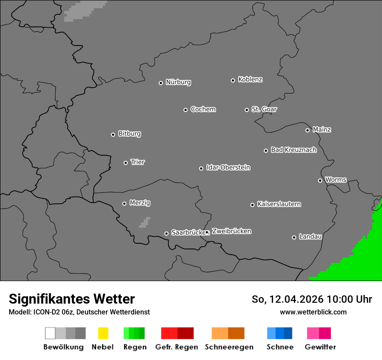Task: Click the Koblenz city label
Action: (250, 80)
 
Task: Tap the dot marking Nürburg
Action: (161, 83)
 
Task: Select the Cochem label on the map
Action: (203, 109)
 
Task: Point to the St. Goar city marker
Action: (247, 110)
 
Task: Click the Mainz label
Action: (322, 130)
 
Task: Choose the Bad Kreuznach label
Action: (293, 150)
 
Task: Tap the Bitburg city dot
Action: (113, 134)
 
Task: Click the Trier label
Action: (138, 162)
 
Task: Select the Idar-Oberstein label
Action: (228, 168)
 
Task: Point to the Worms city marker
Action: (320, 180)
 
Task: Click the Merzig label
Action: (140, 203)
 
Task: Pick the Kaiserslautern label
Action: (279, 204)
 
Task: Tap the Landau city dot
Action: (294, 237)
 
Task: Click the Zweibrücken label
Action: (231, 232)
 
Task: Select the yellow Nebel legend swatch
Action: (103, 333)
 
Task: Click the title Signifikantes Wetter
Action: (72, 299)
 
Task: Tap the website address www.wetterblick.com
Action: (313, 312)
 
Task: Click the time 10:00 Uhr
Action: (349, 299)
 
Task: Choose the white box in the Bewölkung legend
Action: (50, 333)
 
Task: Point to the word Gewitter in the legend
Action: (320, 347)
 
